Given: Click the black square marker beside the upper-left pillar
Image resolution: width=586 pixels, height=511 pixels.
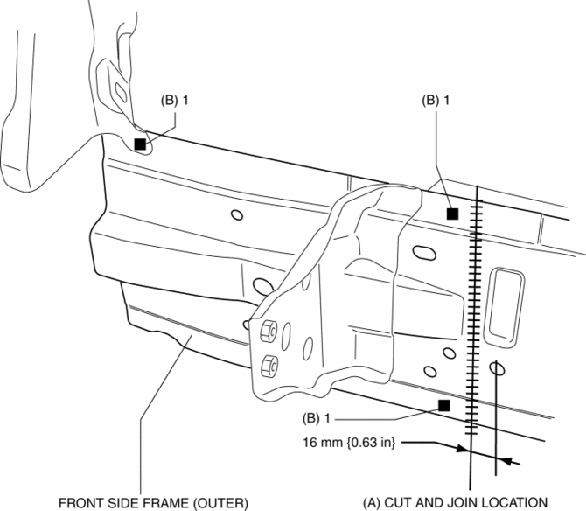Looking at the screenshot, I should (140, 143).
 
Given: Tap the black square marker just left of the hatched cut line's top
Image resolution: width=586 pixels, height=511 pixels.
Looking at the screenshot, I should (452, 213).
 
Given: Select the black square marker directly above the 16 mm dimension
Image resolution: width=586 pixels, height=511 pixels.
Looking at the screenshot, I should (444, 405).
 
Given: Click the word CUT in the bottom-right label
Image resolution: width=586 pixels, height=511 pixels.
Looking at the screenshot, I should (399, 502).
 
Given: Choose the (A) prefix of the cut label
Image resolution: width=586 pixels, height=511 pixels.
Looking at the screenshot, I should (371, 502).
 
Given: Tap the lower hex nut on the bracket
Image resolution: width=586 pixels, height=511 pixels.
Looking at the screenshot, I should (269, 363).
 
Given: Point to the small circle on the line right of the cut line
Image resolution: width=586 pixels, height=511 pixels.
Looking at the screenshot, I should (497, 368).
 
